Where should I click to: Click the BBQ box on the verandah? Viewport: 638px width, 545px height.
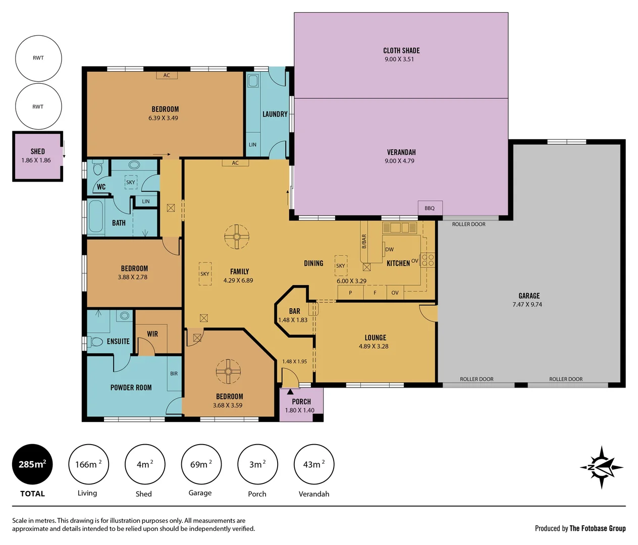click(x=430, y=208)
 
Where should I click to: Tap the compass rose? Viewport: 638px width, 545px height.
click(x=601, y=467)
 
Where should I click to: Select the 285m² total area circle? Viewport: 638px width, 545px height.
click(x=32, y=464)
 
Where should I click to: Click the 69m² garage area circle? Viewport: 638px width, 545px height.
click(x=200, y=464)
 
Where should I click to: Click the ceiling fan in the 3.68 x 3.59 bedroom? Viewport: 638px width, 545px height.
click(x=228, y=372)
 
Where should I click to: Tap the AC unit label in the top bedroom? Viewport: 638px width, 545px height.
click(x=167, y=75)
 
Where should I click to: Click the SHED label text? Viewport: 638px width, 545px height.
click(x=38, y=151)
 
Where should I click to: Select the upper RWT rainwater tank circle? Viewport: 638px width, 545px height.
click(x=38, y=58)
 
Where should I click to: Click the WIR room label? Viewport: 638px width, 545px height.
click(x=152, y=334)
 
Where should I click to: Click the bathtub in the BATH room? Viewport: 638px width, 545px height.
click(x=96, y=217)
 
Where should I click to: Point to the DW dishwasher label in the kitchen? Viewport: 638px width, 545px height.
click(x=390, y=249)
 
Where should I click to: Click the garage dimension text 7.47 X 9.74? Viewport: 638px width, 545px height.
click(x=527, y=304)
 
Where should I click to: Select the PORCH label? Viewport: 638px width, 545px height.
click(x=301, y=402)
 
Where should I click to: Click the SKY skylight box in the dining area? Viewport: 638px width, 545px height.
click(x=341, y=265)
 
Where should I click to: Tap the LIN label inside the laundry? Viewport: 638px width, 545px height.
click(x=252, y=145)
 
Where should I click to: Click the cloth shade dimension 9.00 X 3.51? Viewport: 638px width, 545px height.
click(x=399, y=59)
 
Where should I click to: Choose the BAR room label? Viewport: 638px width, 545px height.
click(x=295, y=311)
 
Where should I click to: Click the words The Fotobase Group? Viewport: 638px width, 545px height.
click(x=598, y=528)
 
